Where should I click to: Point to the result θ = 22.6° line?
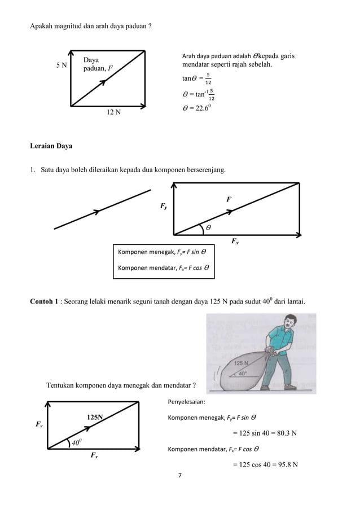tap(197, 108)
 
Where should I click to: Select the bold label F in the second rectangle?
tap(229, 199)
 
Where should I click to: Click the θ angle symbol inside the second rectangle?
tap(207, 227)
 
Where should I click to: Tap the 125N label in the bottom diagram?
tap(94, 417)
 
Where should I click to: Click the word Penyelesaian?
tap(187, 403)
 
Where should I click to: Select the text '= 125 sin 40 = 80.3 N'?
tap(265, 433)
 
